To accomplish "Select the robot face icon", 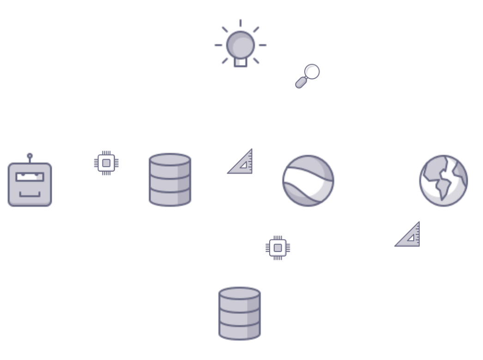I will pos(30,184).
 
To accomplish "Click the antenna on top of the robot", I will pos(30,156).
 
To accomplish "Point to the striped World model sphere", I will pos(308,180).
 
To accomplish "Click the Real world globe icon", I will pos(443,180).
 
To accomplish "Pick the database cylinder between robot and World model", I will pos(170,180).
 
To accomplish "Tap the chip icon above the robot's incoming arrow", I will pos(106,162).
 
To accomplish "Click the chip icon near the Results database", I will pos(278,248).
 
